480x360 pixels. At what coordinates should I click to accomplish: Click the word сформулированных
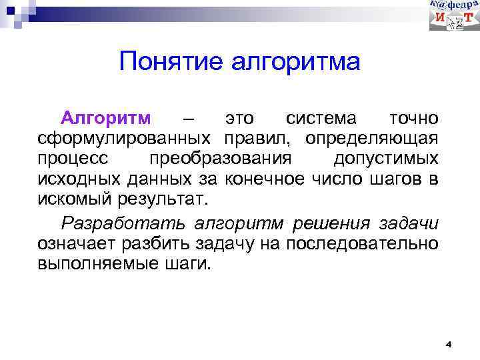click(125, 139)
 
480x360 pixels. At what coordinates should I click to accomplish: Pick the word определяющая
click(372, 139)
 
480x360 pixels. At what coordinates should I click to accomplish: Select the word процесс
click(71, 159)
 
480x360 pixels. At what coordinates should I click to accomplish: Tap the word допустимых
click(385, 159)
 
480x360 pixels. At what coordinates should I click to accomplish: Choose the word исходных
click(75, 179)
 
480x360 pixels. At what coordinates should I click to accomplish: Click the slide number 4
click(449, 345)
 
